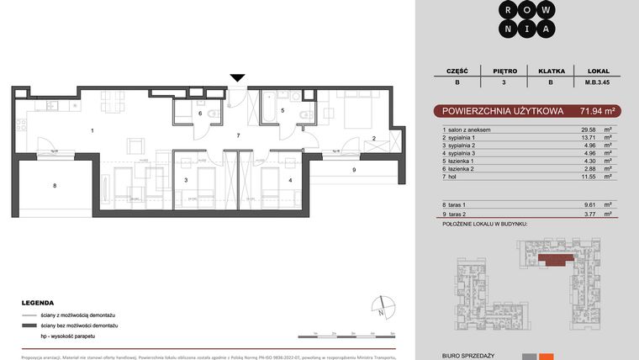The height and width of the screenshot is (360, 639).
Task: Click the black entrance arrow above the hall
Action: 238,77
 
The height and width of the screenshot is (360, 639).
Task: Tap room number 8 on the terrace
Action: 55,185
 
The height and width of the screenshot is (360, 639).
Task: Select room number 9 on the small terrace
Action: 354,171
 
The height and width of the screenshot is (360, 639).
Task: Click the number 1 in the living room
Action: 92,130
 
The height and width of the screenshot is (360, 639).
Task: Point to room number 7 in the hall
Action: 239,135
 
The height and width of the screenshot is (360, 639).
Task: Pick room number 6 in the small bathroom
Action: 200,113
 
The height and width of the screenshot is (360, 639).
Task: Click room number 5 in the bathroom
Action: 283,110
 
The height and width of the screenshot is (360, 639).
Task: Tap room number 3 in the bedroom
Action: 185,180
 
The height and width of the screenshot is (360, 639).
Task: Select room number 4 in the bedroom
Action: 290,180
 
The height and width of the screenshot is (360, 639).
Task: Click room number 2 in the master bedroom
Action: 374,138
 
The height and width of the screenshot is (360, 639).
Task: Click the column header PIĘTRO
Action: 510,71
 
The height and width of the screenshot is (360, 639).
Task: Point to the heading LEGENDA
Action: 39,302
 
